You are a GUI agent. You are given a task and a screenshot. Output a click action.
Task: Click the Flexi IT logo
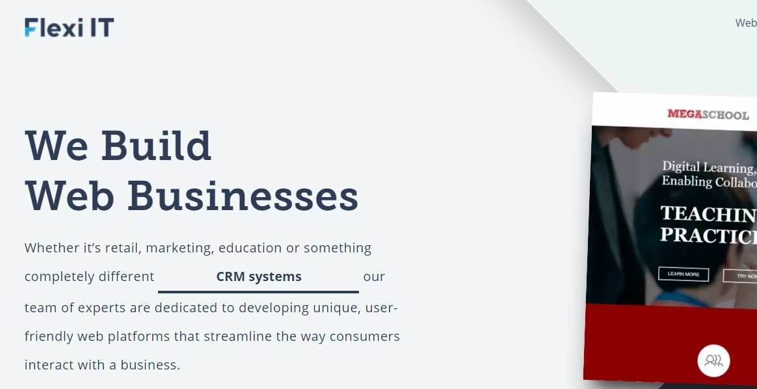pos(70,27)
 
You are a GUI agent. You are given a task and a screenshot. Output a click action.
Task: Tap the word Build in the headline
pos(156,146)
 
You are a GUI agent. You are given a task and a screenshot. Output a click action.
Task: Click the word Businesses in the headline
pos(243,196)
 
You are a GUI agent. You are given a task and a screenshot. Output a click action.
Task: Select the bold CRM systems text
pos(259,276)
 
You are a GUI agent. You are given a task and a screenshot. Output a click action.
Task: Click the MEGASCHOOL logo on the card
pos(708,114)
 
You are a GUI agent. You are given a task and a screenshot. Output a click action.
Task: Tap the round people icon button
pos(713,360)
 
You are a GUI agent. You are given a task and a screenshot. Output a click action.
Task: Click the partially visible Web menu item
pos(746,23)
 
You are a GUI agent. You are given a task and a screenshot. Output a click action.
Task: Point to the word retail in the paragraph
pos(121,248)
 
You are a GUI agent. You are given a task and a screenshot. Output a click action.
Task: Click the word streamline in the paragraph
pos(236,336)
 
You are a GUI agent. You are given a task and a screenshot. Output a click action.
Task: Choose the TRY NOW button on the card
pos(741,276)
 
